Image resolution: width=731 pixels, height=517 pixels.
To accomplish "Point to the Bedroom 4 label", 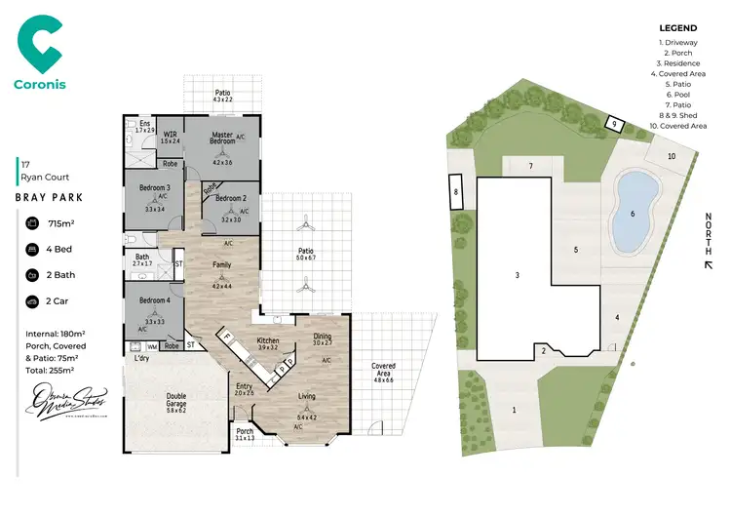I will pyautogui.click(x=154, y=300).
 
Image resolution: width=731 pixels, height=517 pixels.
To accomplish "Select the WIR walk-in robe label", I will pyautogui.click(x=170, y=135).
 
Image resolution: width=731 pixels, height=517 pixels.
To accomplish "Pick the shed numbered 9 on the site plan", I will pyautogui.click(x=614, y=123).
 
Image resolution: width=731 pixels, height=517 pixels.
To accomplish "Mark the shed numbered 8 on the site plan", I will pyautogui.click(x=456, y=193).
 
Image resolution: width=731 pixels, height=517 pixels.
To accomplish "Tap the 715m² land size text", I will pyautogui.click(x=61, y=224).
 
